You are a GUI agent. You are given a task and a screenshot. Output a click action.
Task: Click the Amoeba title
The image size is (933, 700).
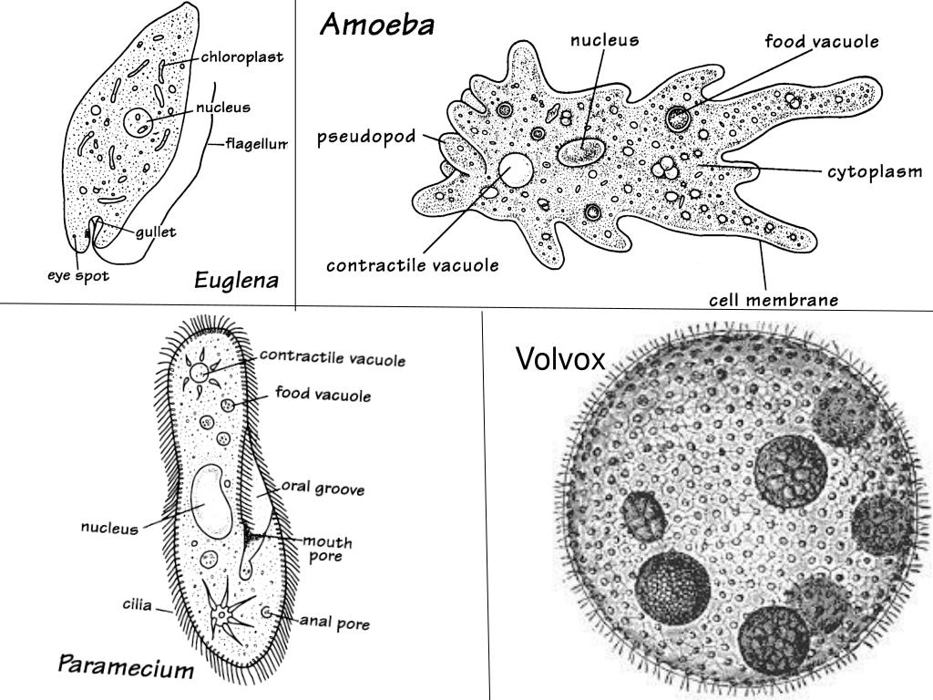point(376,26)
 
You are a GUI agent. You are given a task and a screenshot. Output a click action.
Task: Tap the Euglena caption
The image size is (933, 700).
point(236,281)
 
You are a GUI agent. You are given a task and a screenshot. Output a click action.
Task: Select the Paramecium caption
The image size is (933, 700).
point(127,666)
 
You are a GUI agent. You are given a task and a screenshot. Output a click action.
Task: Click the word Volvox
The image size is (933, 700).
point(560,360)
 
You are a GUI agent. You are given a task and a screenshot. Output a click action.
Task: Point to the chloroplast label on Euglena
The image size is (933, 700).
point(242,57)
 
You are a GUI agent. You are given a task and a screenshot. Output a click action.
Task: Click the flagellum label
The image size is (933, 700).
point(257,143)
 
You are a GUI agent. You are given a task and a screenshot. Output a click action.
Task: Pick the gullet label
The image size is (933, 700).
point(156,232)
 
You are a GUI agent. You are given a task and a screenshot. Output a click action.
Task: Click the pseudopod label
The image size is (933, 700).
point(366,138)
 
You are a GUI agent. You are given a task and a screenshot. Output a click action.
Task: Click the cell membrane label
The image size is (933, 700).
point(774,299)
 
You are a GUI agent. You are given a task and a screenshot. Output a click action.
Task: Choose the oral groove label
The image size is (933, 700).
point(323,489)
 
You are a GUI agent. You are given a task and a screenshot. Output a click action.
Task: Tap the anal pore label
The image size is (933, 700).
point(335,624)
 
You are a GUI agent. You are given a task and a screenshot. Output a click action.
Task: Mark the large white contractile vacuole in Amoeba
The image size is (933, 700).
point(516,170)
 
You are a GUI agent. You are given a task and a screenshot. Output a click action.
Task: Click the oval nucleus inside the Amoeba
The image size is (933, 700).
point(581,151)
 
